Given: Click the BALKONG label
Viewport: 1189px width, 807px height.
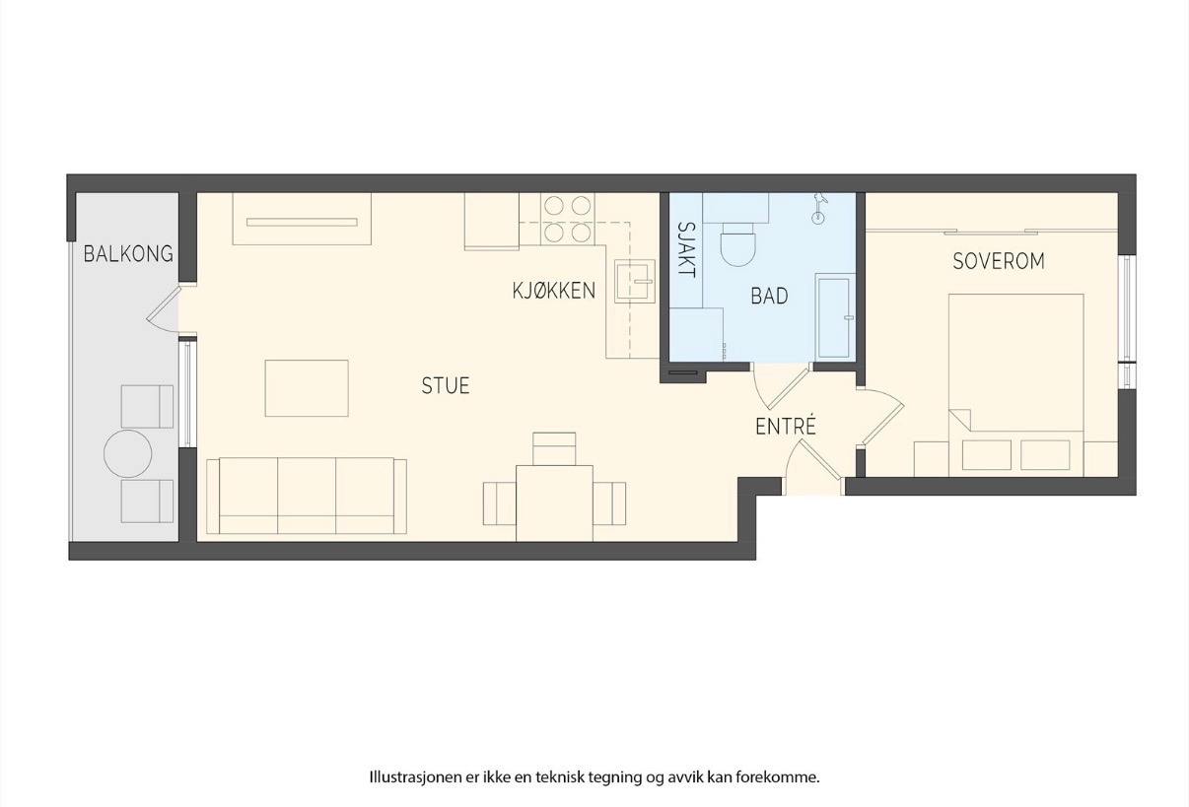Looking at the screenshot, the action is click(x=128, y=254).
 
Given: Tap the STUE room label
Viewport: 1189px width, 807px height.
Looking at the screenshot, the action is click(x=446, y=385).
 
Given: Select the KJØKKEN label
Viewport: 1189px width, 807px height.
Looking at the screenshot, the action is click(x=554, y=291).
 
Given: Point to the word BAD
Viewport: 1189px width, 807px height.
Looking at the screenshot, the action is click(x=769, y=296).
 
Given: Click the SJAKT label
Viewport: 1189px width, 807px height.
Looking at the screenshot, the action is click(x=687, y=249).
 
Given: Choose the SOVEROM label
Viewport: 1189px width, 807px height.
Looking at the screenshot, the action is click(x=999, y=261).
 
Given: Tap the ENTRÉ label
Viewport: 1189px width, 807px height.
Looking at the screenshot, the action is click(x=785, y=426).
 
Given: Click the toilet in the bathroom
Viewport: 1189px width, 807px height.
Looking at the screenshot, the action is click(x=736, y=243).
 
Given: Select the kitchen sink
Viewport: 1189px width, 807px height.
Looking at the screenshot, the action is click(x=635, y=281).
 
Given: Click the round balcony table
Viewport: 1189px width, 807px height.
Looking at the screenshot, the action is click(x=128, y=453).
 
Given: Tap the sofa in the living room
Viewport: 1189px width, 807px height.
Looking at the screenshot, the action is click(x=307, y=496).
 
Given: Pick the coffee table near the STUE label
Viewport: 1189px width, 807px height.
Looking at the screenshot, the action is click(x=307, y=388).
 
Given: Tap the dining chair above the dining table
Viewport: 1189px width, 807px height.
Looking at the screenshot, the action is click(x=554, y=449).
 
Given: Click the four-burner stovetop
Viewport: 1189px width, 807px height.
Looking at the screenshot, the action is click(x=568, y=219).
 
